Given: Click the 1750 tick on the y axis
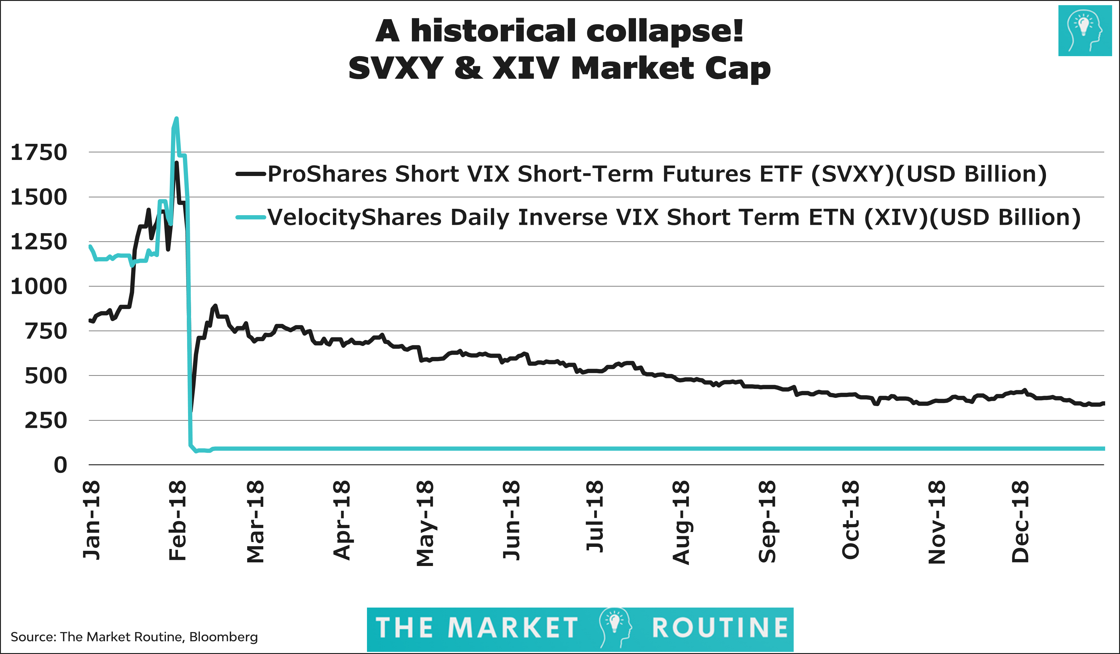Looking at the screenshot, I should point(39,152).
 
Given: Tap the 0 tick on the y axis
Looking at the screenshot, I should point(60,465).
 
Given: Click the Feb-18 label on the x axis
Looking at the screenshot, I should point(177,520).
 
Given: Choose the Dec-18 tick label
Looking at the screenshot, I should point(1020,521).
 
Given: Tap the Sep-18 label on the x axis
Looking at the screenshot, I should point(767,521).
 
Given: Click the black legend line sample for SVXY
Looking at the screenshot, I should point(250,174).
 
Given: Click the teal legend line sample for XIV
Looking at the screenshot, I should point(250,217).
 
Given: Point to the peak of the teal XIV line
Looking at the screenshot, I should point(177,118).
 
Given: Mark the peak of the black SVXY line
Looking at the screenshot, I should point(177,163).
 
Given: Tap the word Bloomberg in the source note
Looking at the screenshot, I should point(223,637).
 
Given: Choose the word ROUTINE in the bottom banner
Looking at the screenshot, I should point(720,628).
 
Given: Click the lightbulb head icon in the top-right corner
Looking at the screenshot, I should point(1085,31).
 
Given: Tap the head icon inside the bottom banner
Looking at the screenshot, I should point(615,627).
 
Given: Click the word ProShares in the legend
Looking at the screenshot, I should point(328,174).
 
